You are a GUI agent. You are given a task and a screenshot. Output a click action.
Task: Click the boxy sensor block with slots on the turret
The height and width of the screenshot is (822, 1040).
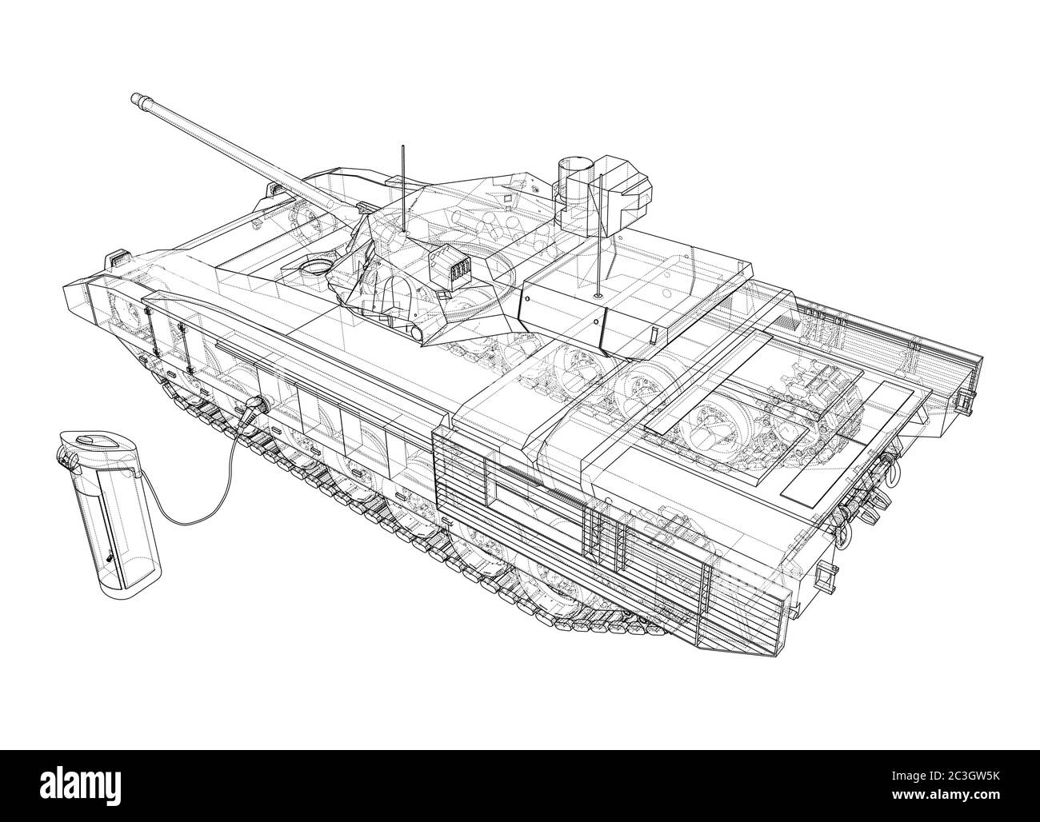pyautogui.click(x=450, y=273)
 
